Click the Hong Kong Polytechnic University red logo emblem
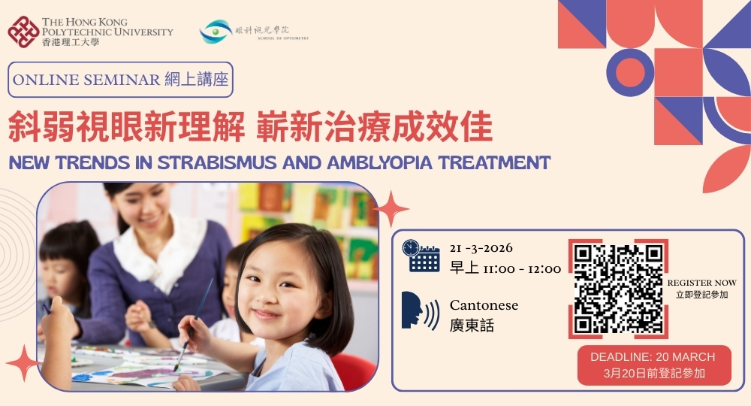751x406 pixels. point(23,31)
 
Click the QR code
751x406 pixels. point(618,289)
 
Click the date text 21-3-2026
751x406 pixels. point(481,248)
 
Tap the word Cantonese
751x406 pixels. point(484,305)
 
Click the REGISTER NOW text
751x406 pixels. point(701,283)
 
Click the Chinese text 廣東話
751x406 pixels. point(472,326)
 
